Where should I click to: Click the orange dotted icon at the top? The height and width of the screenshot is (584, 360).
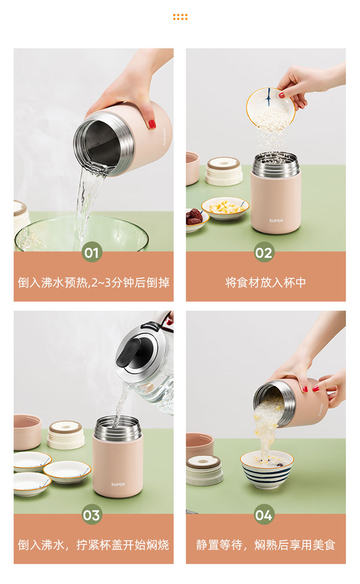click(x=180, y=17)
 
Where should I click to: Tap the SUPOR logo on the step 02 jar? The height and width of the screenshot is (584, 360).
click(x=276, y=221)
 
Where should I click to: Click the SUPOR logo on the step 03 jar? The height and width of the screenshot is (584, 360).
click(x=118, y=484)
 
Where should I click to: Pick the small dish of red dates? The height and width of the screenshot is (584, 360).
click(x=196, y=219)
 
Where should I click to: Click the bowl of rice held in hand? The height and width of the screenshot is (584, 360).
click(x=271, y=109)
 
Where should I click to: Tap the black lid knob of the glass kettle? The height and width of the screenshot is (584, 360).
click(x=130, y=351)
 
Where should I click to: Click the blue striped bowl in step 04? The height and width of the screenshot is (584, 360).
click(x=267, y=469)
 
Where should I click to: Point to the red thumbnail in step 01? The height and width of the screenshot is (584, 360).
click(x=152, y=124)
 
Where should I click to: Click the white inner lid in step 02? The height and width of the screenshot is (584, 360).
click(x=224, y=171)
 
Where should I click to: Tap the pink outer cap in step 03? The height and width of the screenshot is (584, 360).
click(x=27, y=432)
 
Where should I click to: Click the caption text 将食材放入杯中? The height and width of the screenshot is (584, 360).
click(x=265, y=283)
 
